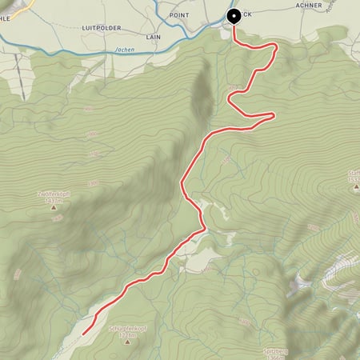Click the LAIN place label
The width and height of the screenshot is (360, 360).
coord(154,36)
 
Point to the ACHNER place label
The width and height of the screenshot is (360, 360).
coord(308,5)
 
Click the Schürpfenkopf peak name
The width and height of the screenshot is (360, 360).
coord(126,329)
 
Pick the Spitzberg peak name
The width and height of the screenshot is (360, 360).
coord(275,350)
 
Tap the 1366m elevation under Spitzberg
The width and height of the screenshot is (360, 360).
coord(275,357)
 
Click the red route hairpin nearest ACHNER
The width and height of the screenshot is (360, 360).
coord(275,47)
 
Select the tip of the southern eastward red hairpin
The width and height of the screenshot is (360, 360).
coord(274,116)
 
